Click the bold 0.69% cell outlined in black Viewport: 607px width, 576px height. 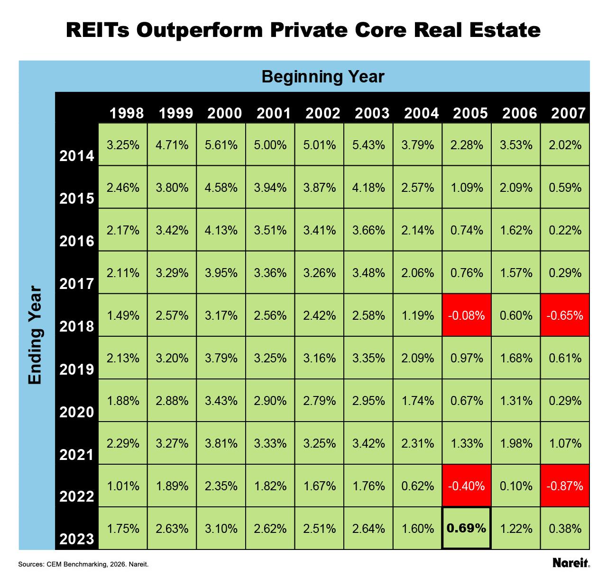(466, 528)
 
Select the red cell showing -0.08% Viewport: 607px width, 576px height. (467, 315)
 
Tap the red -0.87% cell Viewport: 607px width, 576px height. (565, 486)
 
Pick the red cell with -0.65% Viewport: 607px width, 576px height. (565, 315)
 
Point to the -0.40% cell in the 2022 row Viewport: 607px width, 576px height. (467, 486)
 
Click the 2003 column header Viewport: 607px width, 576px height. (372, 113)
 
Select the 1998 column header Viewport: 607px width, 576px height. (127, 113)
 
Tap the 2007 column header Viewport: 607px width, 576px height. (569, 113)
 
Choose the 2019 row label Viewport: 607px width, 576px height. (77, 369)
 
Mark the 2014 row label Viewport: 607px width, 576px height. (77, 156)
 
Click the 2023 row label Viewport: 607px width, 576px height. (77, 539)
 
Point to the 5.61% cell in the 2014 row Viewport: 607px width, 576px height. (221, 144)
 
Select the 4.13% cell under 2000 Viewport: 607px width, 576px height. (221, 230)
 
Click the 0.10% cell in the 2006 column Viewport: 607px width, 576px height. (516, 486)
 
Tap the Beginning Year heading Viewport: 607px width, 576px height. (322, 76)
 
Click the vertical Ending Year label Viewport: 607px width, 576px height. (36, 335)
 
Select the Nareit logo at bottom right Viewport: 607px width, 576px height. (571, 563)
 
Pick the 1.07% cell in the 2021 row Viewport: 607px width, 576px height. (565, 443)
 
